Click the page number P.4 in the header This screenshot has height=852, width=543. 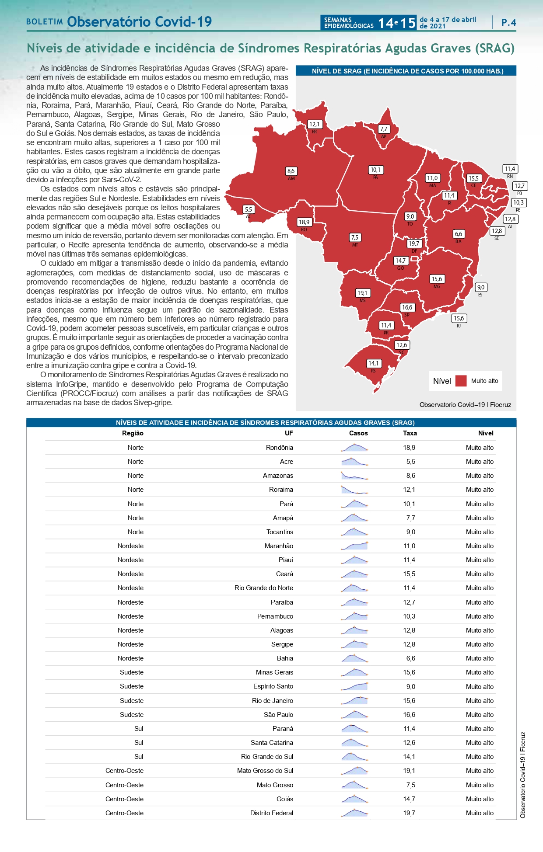508,22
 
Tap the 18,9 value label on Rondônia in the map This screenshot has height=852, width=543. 304,222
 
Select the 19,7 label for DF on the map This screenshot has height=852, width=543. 414,243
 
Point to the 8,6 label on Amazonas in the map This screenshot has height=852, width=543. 291,171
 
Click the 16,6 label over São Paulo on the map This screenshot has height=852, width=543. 407,307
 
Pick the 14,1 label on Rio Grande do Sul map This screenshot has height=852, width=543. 373,363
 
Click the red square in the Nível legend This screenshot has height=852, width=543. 461,381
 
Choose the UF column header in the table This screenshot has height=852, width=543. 289,433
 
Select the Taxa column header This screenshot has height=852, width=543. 410,433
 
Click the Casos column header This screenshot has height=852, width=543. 358,433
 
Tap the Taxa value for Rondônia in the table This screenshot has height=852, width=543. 409,448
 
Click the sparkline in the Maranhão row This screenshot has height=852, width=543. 354,546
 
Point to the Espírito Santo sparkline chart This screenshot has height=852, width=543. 354,686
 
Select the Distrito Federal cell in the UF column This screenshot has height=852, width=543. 271,813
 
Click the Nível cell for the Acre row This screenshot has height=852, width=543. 480,462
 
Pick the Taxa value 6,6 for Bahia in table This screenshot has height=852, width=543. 410,658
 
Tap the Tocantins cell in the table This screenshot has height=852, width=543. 280,532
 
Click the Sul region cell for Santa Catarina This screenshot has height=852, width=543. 139,743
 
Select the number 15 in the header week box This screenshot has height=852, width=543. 408,23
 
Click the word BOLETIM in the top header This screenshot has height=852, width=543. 45,22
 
